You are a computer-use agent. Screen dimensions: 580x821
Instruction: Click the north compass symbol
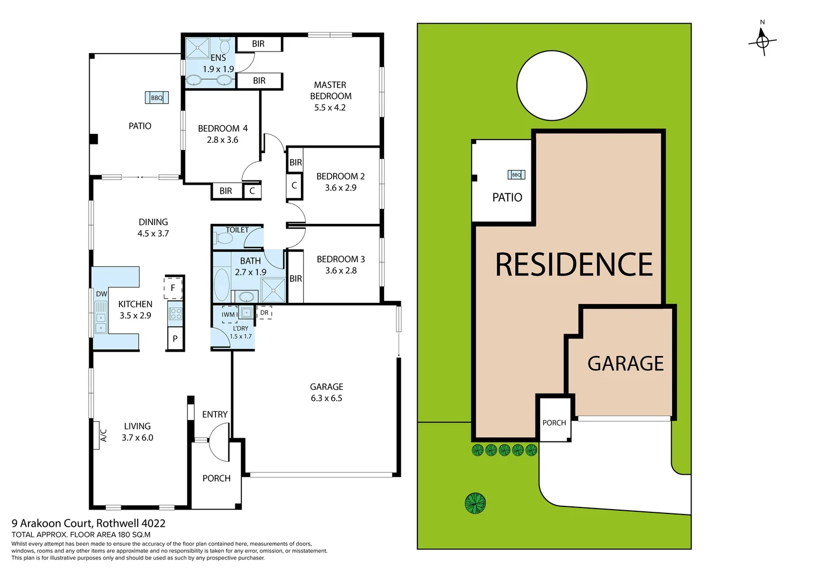tap(762, 40)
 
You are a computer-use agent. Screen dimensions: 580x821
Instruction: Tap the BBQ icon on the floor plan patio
tap(156, 98)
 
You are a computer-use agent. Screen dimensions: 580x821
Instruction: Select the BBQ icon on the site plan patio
tap(516, 175)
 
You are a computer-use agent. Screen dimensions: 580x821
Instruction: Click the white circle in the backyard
tap(551, 85)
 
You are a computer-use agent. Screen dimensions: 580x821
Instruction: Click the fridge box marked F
tap(173, 288)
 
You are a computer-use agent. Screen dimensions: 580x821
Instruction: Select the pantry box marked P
tap(175, 339)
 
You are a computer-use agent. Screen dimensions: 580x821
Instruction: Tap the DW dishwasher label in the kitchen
tap(102, 294)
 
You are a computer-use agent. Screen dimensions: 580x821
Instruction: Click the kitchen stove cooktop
tap(175, 313)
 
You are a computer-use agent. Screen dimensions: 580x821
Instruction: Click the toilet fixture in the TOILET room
tap(223, 237)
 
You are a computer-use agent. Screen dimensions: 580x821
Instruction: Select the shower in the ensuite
tap(197, 48)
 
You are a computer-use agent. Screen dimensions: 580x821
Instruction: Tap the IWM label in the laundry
tap(228, 315)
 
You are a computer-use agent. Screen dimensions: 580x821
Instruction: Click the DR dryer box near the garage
tap(264, 313)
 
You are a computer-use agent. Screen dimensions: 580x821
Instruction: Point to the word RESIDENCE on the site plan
tap(573, 265)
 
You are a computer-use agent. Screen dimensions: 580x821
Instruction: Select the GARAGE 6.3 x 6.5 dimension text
tap(326, 398)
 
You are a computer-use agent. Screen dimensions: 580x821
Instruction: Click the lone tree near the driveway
tap(475, 503)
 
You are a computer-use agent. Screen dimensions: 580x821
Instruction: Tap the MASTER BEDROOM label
tap(330, 90)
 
